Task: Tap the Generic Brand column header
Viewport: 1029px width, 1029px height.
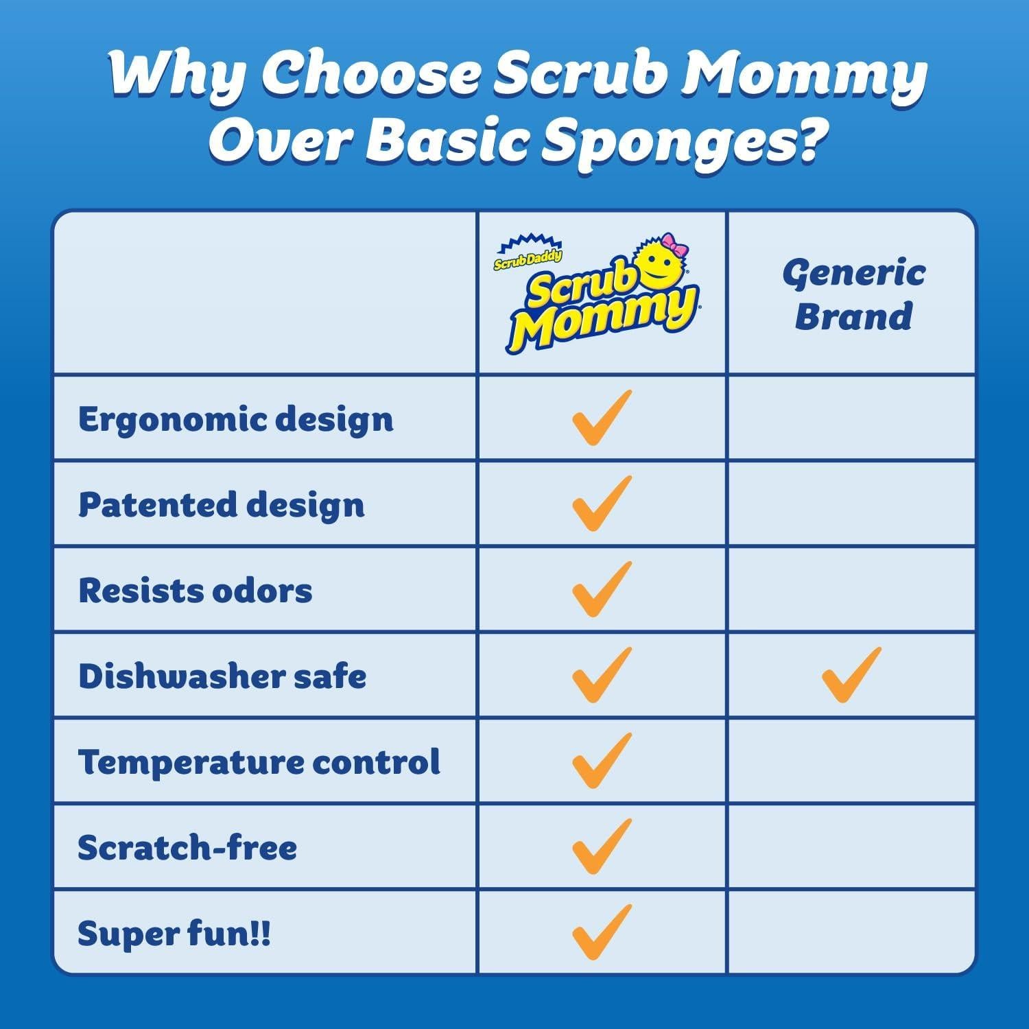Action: (x=853, y=295)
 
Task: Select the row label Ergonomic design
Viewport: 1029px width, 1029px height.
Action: (x=235, y=419)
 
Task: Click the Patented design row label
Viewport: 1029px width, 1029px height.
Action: (x=221, y=505)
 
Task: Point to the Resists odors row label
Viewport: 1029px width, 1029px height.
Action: (x=195, y=591)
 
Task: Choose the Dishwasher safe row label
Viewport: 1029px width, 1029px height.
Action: (x=222, y=676)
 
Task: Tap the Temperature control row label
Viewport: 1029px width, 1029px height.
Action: (x=259, y=762)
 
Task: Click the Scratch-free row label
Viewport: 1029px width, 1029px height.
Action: (x=187, y=848)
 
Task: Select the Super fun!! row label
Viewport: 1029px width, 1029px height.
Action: (x=174, y=934)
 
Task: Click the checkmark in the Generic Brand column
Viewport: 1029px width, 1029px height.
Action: (x=851, y=675)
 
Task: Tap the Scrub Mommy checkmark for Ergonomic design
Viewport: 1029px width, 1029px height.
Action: (x=601, y=418)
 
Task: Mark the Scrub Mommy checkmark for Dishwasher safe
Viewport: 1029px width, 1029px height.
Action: (x=601, y=675)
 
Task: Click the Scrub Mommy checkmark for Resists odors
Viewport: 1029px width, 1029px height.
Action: (x=601, y=589)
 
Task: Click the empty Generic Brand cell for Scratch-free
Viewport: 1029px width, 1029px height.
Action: (x=851, y=847)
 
